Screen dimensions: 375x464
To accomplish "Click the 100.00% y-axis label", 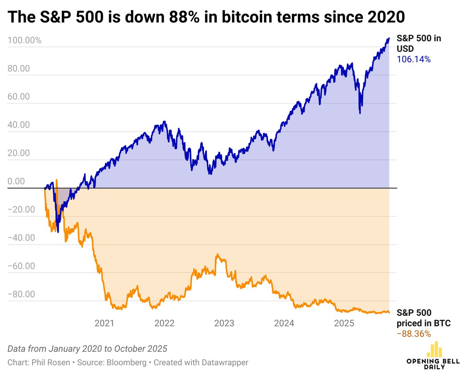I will [24, 40].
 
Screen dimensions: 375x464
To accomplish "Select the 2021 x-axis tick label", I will [104, 323].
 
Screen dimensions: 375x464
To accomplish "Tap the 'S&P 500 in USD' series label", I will [419, 43].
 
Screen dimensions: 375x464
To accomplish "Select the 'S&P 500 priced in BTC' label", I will [423, 318].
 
